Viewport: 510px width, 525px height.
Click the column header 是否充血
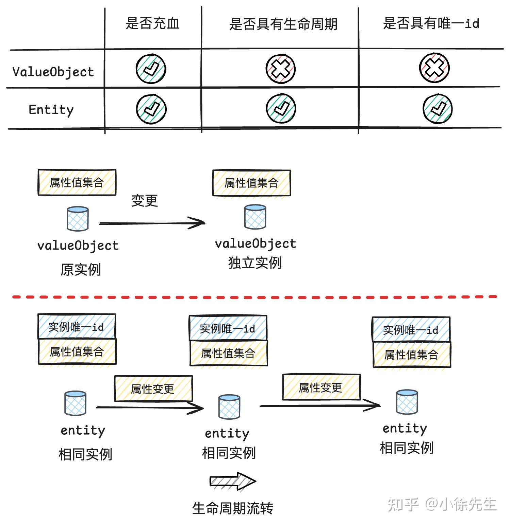pyautogui.click(x=152, y=23)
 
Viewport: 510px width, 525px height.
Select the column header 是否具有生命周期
pyautogui.click(x=283, y=24)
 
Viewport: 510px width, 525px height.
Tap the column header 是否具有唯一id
pyautogui.click(x=431, y=23)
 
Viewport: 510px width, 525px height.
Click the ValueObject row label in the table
pyautogui.click(x=53, y=72)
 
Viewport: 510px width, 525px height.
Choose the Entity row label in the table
pyautogui.click(x=51, y=110)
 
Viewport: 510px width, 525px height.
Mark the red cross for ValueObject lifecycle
pyautogui.click(x=281, y=69)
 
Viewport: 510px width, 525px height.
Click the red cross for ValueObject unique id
pyautogui.click(x=434, y=68)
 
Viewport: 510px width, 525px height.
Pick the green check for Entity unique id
pyautogui.click(x=437, y=109)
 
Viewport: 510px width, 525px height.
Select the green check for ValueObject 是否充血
pyautogui.click(x=151, y=69)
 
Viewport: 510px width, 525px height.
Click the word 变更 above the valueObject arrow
pyautogui.click(x=145, y=201)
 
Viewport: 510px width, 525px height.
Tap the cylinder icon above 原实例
pyautogui.click(x=78, y=219)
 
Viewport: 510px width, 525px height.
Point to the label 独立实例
pyautogui.click(x=255, y=263)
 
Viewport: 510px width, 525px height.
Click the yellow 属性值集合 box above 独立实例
pyautogui.click(x=251, y=183)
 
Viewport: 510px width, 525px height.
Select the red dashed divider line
pyautogui.click(x=254, y=297)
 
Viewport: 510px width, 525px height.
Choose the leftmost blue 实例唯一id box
pyautogui.click(x=77, y=327)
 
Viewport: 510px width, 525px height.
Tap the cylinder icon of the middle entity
pyautogui.click(x=229, y=407)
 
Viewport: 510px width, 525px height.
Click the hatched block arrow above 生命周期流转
pyautogui.click(x=233, y=481)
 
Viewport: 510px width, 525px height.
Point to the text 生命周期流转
pyautogui.click(x=233, y=508)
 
